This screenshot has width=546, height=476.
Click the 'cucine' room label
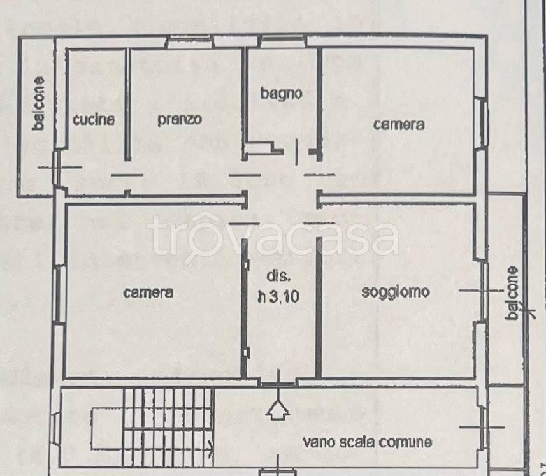pyautogui.click(x=94, y=119)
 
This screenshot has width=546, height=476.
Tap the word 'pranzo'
pyautogui.click(x=180, y=119)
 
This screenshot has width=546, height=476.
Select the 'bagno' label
pyautogui.click(x=281, y=93)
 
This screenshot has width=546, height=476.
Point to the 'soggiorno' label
pyautogui.click(x=396, y=292)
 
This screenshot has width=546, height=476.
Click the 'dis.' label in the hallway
pyautogui.click(x=278, y=277)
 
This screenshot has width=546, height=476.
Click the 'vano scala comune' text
pyautogui.click(x=368, y=442)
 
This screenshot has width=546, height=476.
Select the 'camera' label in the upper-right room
pyautogui.click(x=399, y=125)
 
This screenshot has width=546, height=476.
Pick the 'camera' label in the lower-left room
pyautogui.click(x=148, y=292)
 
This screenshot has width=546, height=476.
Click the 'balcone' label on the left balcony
pyautogui.click(x=40, y=104)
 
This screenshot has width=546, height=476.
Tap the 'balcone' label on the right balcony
pyautogui.click(x=513, y=292)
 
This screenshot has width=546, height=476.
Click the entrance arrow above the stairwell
pyautogui.click(x=278, y=408)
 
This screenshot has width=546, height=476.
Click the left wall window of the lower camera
pyautogui.click(x=60, y=294)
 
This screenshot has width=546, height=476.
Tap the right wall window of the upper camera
pyautogui.click(x=482, y=124)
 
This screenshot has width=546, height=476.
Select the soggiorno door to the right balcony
pyautogui.click(x=482, y=291)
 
